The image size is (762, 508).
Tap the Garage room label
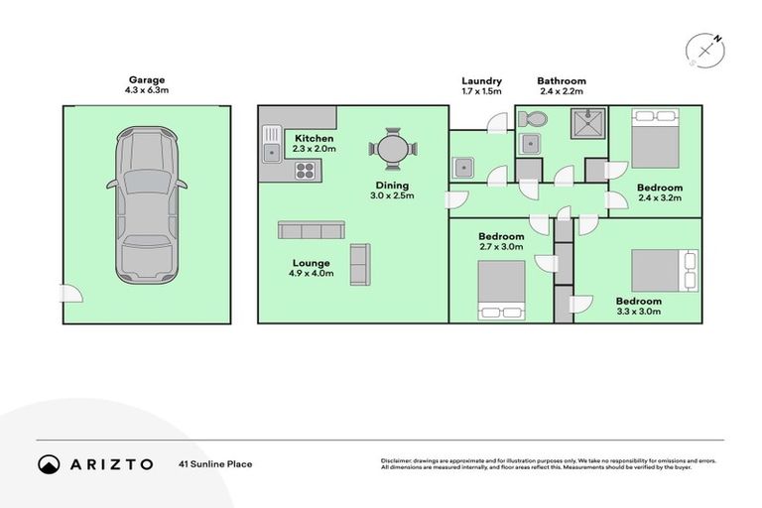click(x=146, y=80)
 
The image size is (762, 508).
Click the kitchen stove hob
click(x=305, y=171)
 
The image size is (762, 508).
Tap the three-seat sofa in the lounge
click(x=311, y=230)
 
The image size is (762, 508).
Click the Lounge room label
click(x=310, y=263)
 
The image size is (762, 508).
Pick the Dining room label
click(x=392, y=186)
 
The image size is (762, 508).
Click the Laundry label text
click(x=481, y=81)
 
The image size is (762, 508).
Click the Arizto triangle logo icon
click(x=49, y=463)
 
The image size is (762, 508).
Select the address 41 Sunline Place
click(x=215, y=463)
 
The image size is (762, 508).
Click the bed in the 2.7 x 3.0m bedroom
click(x=501, y=290)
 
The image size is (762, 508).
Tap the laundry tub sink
click(x=462, y=168)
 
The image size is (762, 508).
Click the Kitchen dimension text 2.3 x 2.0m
click(x=315, y=149)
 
